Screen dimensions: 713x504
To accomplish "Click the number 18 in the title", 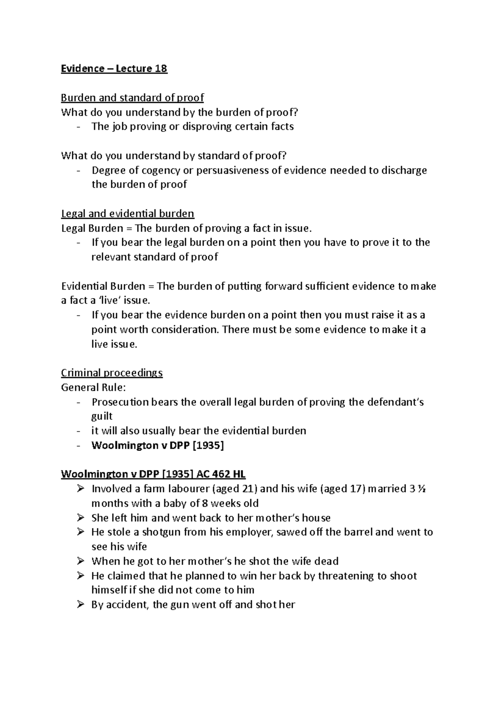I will click(x=161, y=68).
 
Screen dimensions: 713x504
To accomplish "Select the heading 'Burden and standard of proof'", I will click(x=132, y=98).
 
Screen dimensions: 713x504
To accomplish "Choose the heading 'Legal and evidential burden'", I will click(x=128, y=214).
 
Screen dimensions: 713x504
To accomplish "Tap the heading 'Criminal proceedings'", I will click(x=112, y=373).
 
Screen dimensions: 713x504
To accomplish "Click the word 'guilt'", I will click(x=102, y=416).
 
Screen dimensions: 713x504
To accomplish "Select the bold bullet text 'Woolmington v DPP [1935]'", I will click(x=157, y=446).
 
